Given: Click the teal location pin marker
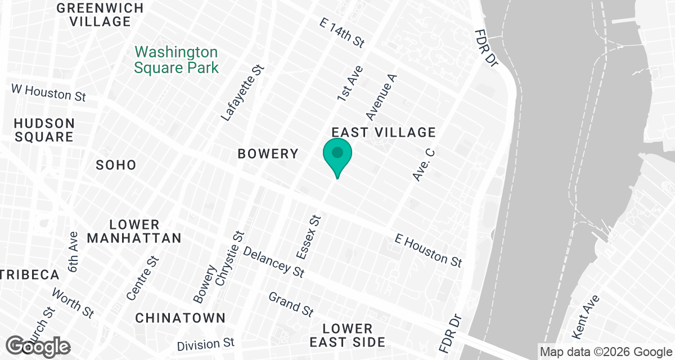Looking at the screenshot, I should (337, 157).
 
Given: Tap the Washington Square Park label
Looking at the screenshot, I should (176, 60).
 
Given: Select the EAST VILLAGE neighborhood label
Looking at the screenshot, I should (384, 132).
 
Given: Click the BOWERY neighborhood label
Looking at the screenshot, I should (268, 154).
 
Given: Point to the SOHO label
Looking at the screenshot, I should (116, 165).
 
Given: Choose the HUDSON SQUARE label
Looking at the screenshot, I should (44, 130).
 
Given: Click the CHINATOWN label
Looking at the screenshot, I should (180, 318).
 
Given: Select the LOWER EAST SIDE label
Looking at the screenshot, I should (348, 335).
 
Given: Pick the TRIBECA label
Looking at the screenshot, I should (29, 275).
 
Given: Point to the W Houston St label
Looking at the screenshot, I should (49, 93).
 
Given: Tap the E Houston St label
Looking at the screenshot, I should (428, 250).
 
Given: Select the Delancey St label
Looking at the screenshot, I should (273, 262).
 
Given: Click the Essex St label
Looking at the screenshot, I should (308, 237).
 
